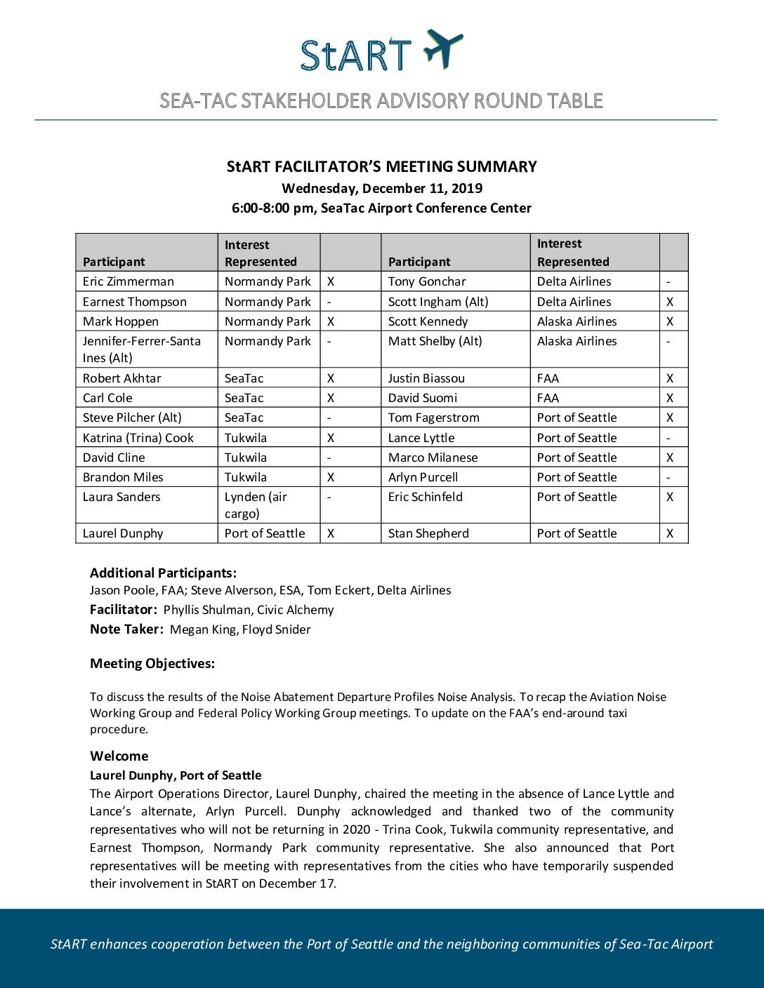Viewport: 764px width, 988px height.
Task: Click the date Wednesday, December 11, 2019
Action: pyautogui.click(x=382, y=188)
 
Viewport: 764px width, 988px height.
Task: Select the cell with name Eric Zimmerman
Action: pyautogui.click(x=129, y=281)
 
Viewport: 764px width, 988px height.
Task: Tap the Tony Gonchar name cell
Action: pyautogui.click(x=427, y=281)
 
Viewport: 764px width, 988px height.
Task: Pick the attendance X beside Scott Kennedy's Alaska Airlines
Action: pyautogui.click(x=670, y=321)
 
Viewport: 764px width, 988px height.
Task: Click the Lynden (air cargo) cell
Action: pyautogui.click(x=256, y=505)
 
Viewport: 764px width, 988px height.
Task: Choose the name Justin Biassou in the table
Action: pyautogui.click(x=426, y=378)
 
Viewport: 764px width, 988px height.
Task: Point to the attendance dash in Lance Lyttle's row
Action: pyautogui.click(x=668, y=438)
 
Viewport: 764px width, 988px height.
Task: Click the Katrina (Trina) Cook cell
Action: pyautogui.click(x=138, y=438)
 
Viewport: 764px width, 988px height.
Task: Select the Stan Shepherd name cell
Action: pyautogui.click(x=428, y=533)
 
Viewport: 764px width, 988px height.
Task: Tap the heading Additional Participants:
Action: pyautogui.click(x=163, y=573)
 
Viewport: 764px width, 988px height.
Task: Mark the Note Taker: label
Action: pyautogui.click(x=126, y=629)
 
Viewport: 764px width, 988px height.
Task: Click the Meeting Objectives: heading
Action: pyautogui.click(x=152, y=663)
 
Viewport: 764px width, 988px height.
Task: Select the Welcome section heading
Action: pyautogui.click(x=119, y=756)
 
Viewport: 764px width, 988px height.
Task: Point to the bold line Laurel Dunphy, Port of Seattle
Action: pyautogui.click(x=176, y=775)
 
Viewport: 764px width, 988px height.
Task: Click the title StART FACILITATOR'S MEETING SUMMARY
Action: pyautogui.click(x=381, y=166)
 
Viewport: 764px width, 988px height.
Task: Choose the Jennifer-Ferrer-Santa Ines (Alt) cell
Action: pyautogui.click(x=142, y=349)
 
